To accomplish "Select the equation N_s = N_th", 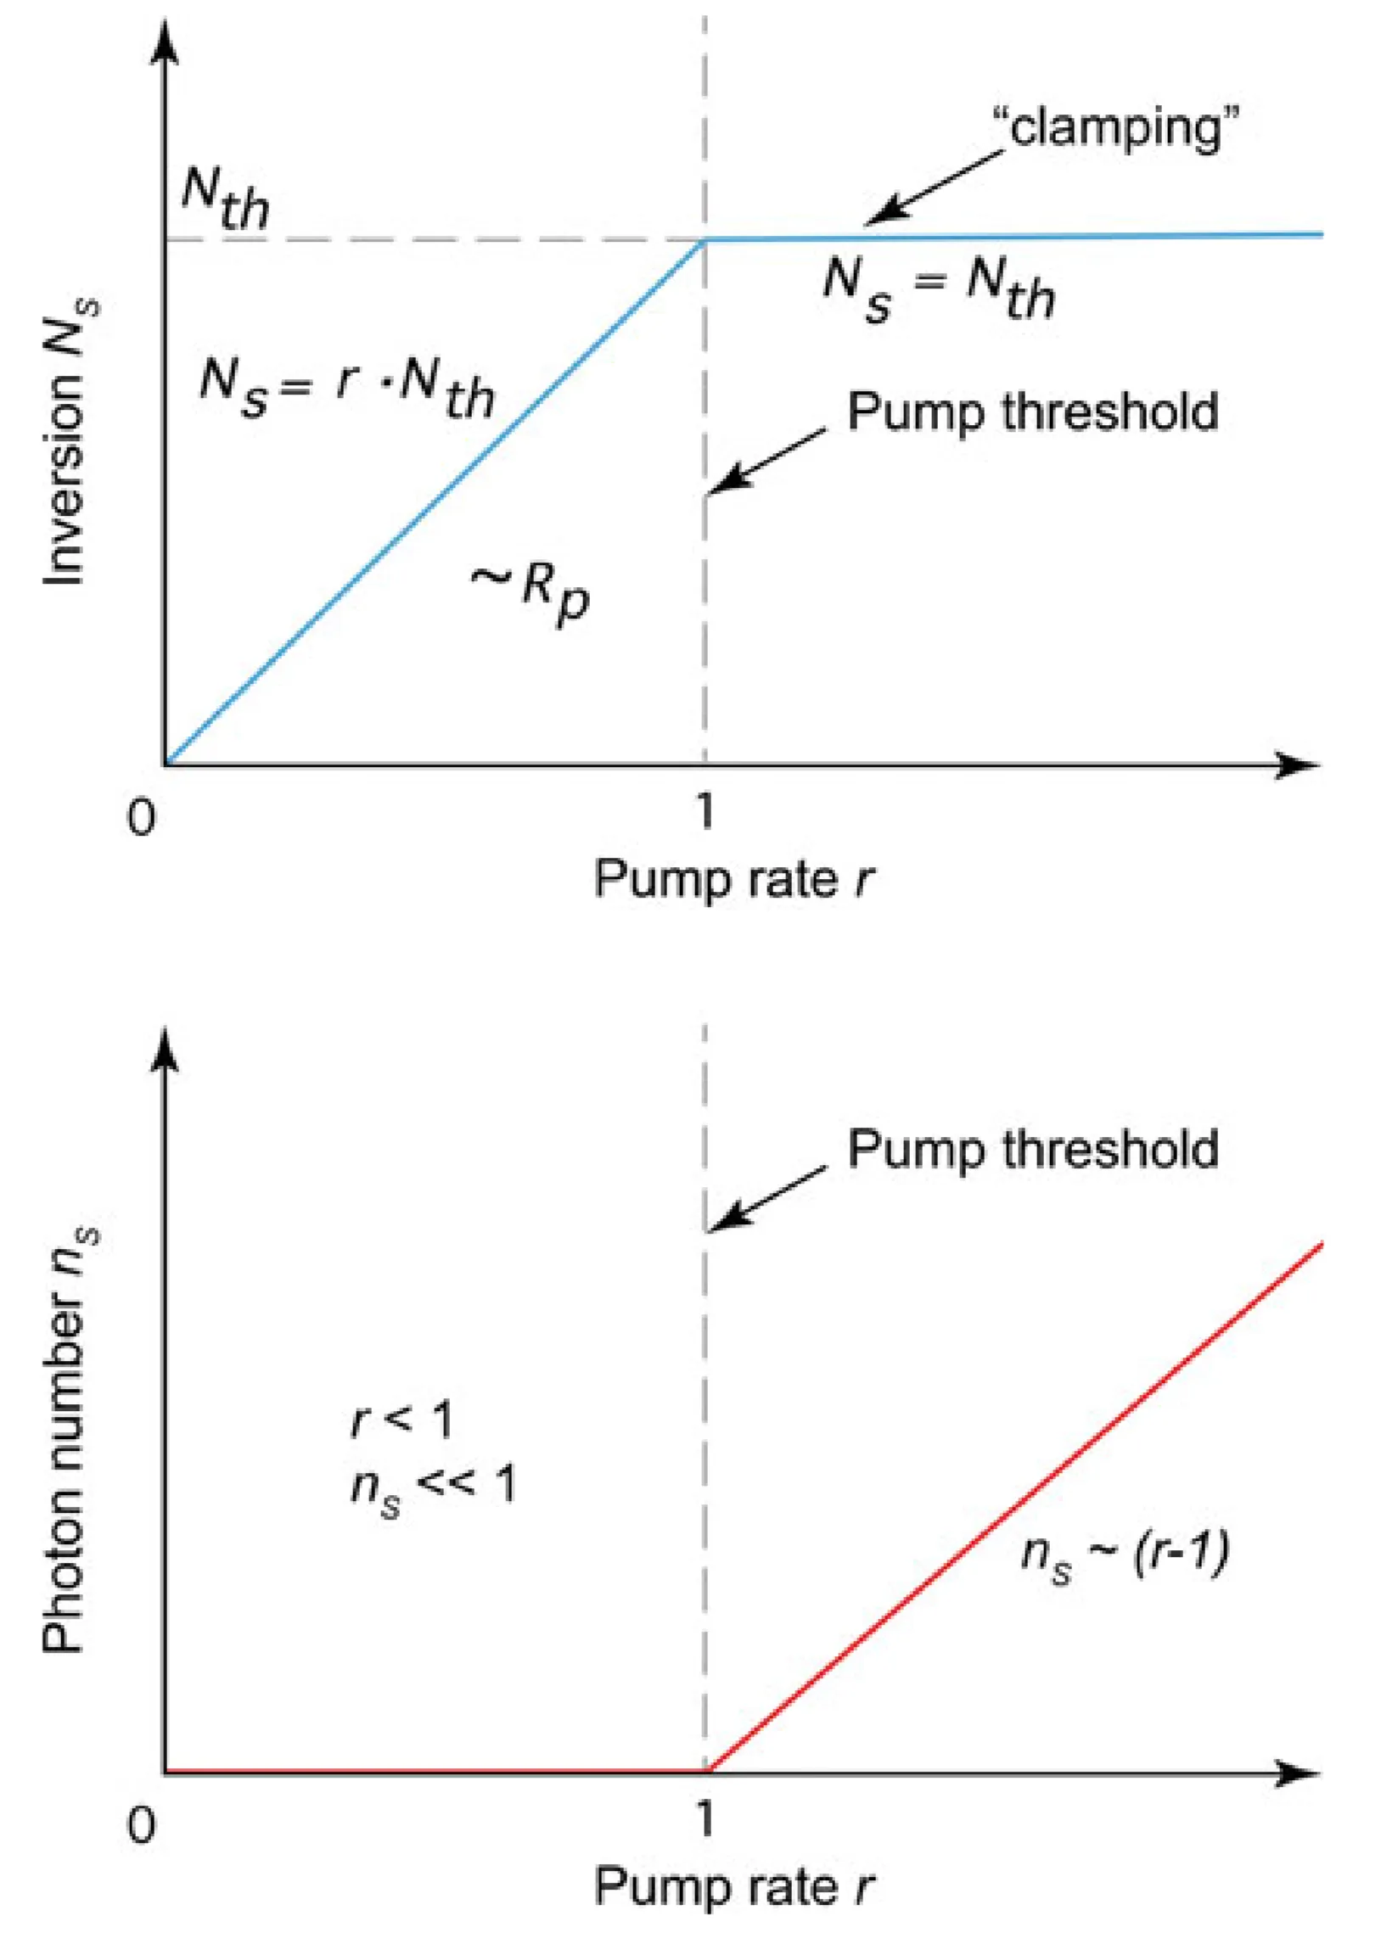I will click(x=938, y=291).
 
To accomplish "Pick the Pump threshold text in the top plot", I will click(x=1032, y=412).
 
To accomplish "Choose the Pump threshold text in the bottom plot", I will click(x=1032, y=1148).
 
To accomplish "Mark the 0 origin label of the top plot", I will click(x=142, y=818).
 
